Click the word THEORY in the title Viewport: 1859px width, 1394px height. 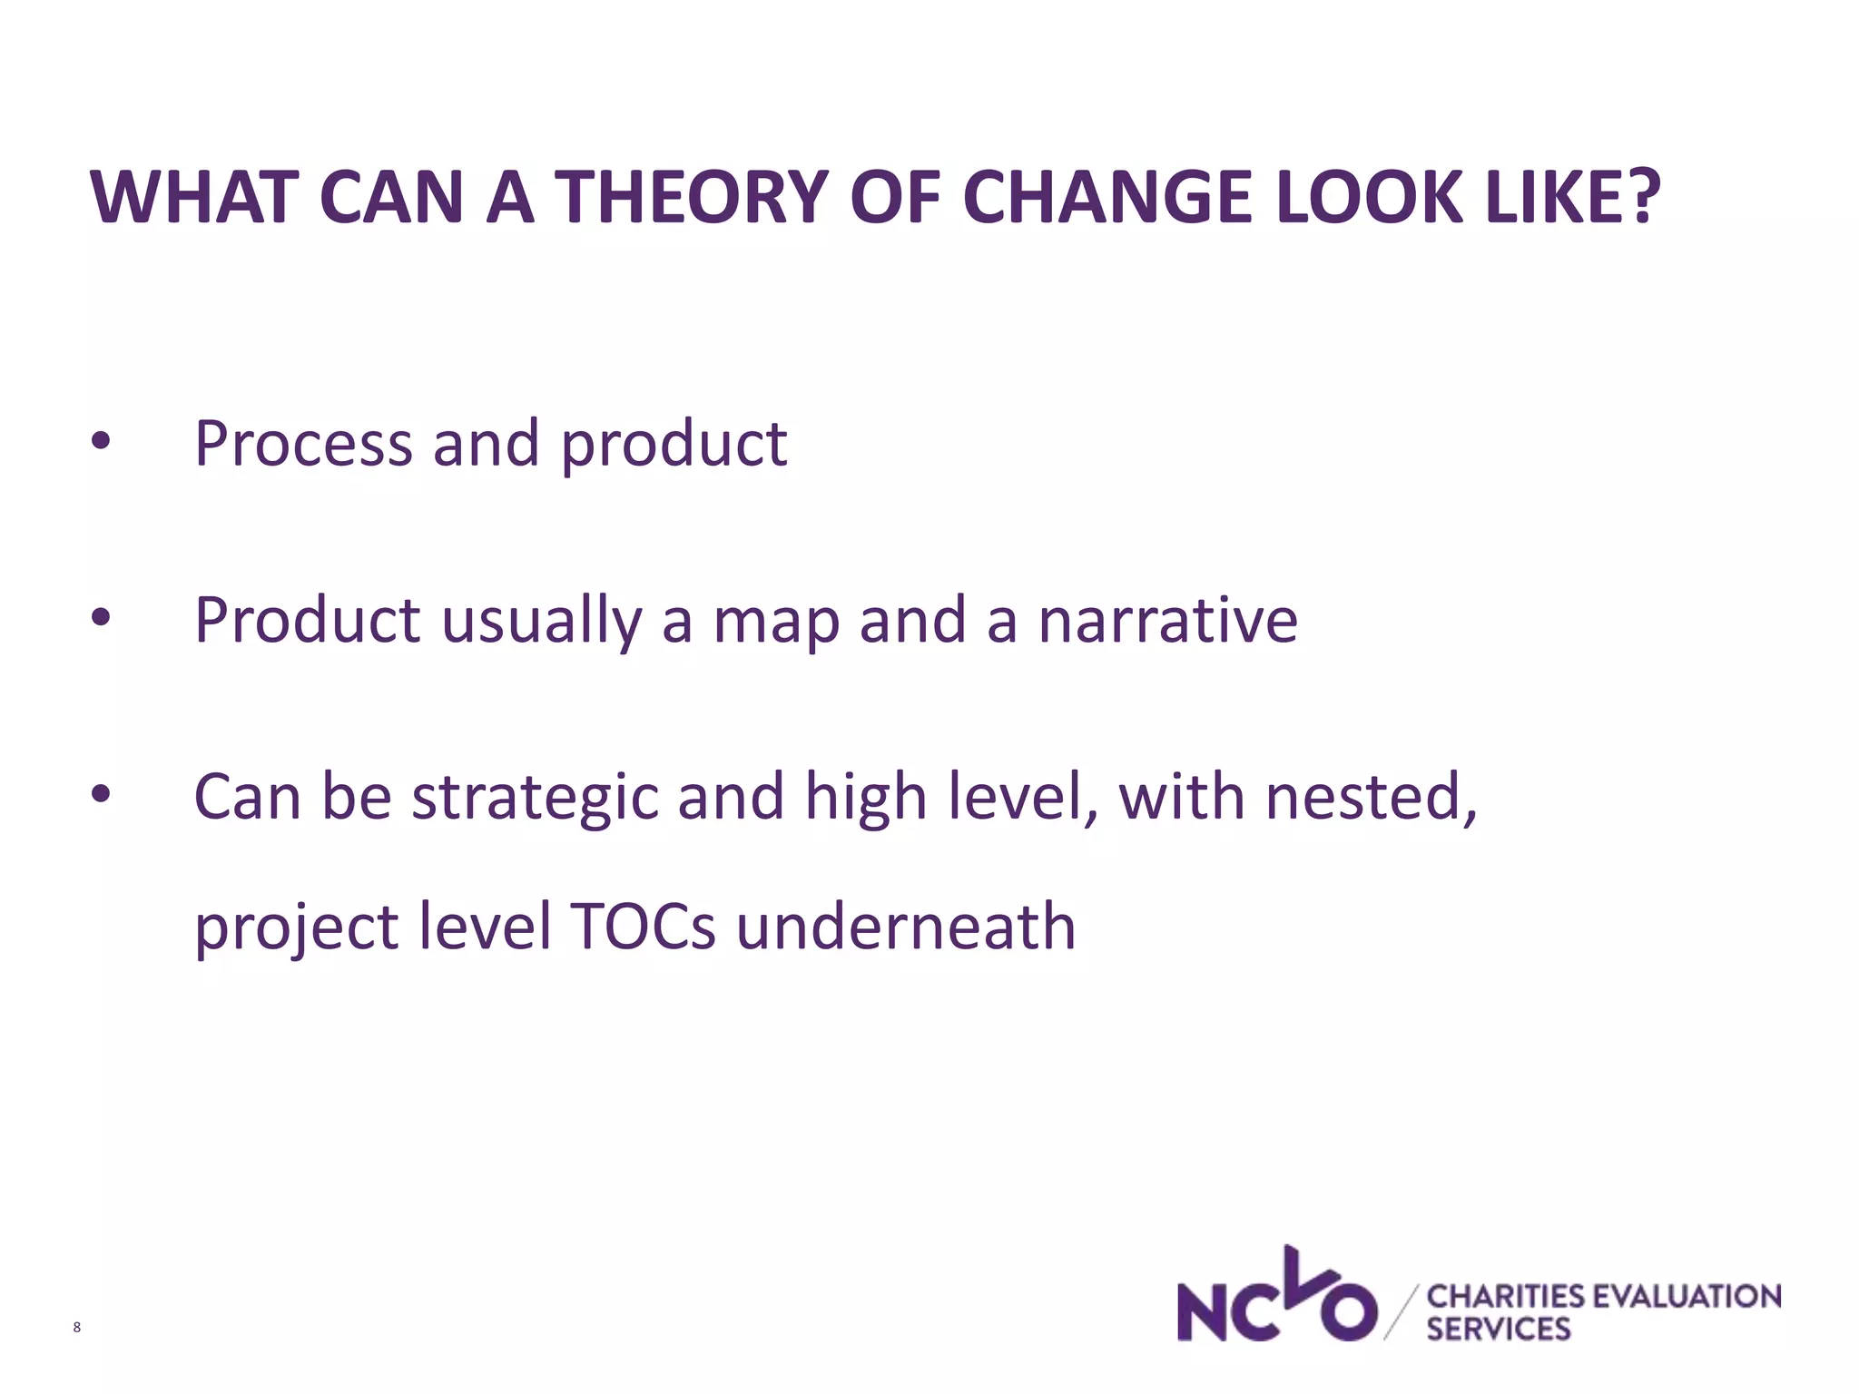691,197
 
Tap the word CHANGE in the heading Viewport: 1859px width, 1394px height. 1108,197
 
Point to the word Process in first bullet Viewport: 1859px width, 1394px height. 303,445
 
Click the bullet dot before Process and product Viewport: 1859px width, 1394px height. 101,442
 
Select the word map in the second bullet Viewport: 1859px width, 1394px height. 776,622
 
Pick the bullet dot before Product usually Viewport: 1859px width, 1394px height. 101,618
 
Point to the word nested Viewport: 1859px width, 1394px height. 1370,797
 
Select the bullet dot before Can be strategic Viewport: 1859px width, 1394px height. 101,794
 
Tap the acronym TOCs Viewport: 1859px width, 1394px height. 643,927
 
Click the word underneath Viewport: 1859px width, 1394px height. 905,927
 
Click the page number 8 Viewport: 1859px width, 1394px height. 76,1328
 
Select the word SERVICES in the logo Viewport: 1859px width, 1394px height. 1498,1330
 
